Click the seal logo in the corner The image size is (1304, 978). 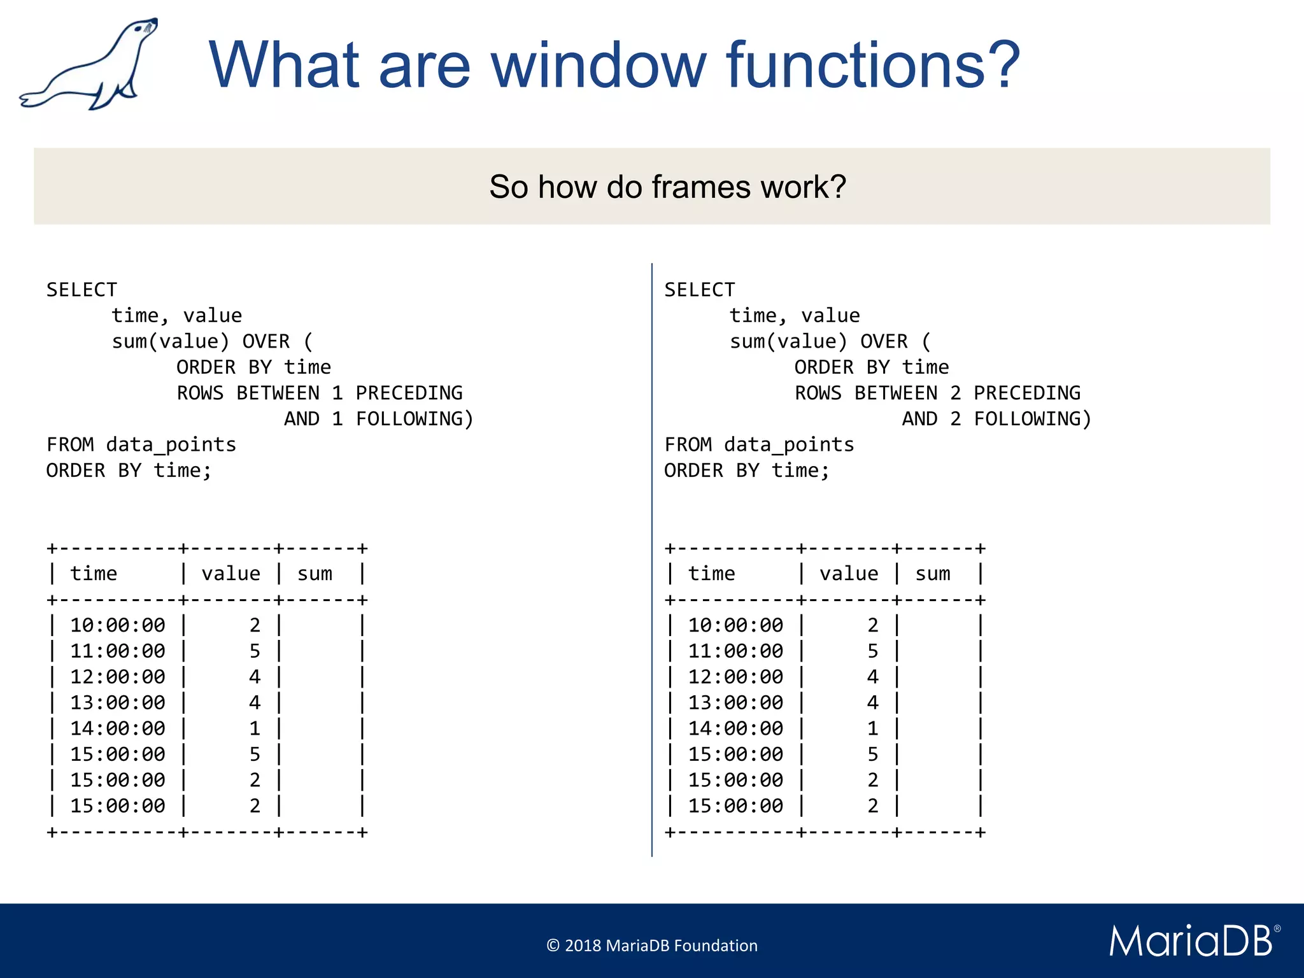(x=89, y=64)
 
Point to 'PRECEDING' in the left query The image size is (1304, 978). (x=409, y=393)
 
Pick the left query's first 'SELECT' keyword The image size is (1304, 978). (x=81, y=290)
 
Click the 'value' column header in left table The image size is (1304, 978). (x=230, y=574)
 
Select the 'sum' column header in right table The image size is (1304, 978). (x=932, y=574)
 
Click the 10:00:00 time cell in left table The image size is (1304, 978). (x=118, y=625)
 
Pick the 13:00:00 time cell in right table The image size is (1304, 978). (x=735, y=702)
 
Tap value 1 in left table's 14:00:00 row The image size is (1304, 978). (x=255, y=728)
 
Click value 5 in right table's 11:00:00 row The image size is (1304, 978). (x=872, y=651)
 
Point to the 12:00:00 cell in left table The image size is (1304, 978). (x=118, y=677)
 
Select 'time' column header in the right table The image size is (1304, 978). (x=711, y=574)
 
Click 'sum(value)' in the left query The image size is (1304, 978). (x=170, y=342)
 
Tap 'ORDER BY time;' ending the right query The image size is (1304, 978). (x=746, y=471)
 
